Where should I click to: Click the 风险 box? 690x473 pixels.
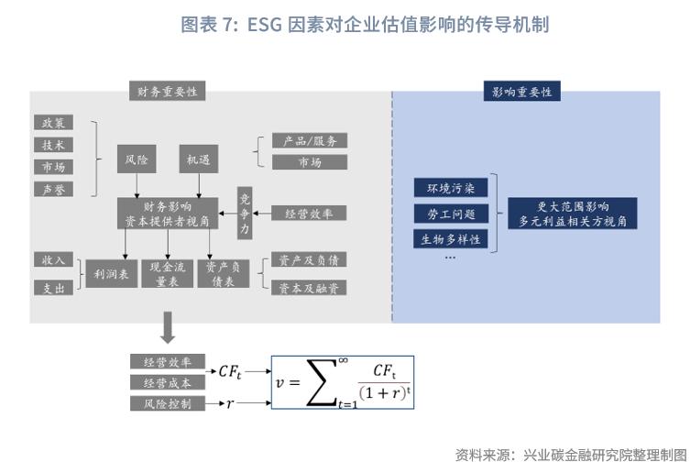[x=136, y=159]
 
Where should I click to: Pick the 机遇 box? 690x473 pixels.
[x=198, y=159]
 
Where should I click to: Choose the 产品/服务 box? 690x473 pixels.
[x=310, y=140]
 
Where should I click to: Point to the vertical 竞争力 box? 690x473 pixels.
[x=245, y=214]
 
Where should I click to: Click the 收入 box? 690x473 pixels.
[x=53, y=260]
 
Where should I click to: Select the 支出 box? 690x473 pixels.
[x=53, y=288]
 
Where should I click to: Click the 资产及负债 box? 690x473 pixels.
[x=310, y=260]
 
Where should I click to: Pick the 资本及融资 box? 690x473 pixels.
[x=310, y=288]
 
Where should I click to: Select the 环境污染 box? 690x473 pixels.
[x=450, y=189]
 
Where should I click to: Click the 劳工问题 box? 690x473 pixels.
[x=450, y=214]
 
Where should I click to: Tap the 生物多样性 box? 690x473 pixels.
[x=450, y=239]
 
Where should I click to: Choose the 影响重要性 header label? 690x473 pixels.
[x=521, y=92]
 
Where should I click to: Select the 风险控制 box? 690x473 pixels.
[x=168, y=403]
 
